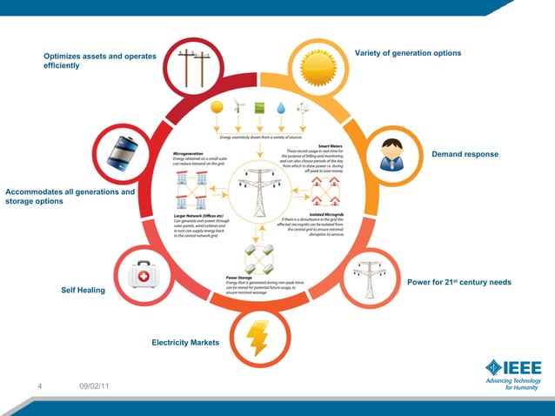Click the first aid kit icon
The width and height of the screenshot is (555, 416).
point(144,277)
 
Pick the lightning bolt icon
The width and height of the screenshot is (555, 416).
point(257,338)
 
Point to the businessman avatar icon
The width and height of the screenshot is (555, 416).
point(393,155)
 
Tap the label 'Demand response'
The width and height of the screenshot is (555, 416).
point(465,154)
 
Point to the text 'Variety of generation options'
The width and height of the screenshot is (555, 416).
point(408,54)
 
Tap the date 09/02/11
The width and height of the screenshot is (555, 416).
point(93,386)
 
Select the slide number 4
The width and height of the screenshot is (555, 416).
point(40,386)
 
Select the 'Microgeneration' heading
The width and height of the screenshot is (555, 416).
point(191,151)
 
